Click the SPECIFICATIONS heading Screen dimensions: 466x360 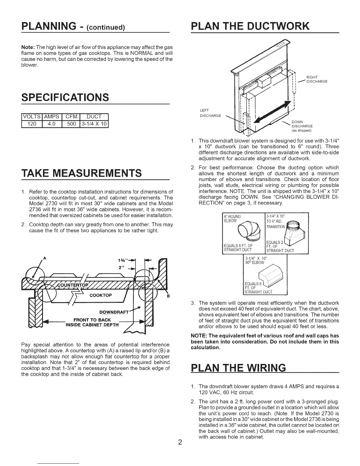point(65,97)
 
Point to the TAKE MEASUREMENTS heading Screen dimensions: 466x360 point(81,173)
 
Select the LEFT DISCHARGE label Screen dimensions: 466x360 point(210,113)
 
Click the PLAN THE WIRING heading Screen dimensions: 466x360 point(238,368)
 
